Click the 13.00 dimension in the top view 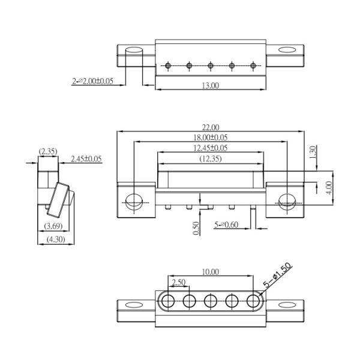(x=210, y=85)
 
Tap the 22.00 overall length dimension (x=210, y=127)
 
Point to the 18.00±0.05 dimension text (x=210, y=137)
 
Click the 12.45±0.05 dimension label (x=210, y=148)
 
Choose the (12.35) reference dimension (x=210, y=158)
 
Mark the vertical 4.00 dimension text (x=329, y=187)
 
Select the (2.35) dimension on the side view (x=48, y=151)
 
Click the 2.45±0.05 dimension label (x=86, y=159)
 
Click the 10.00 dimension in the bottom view (x=210, y=272)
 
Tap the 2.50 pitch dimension (x=178, y=282)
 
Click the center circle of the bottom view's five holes (x=211, y=301)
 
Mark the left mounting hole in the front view (x=133, y=202)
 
